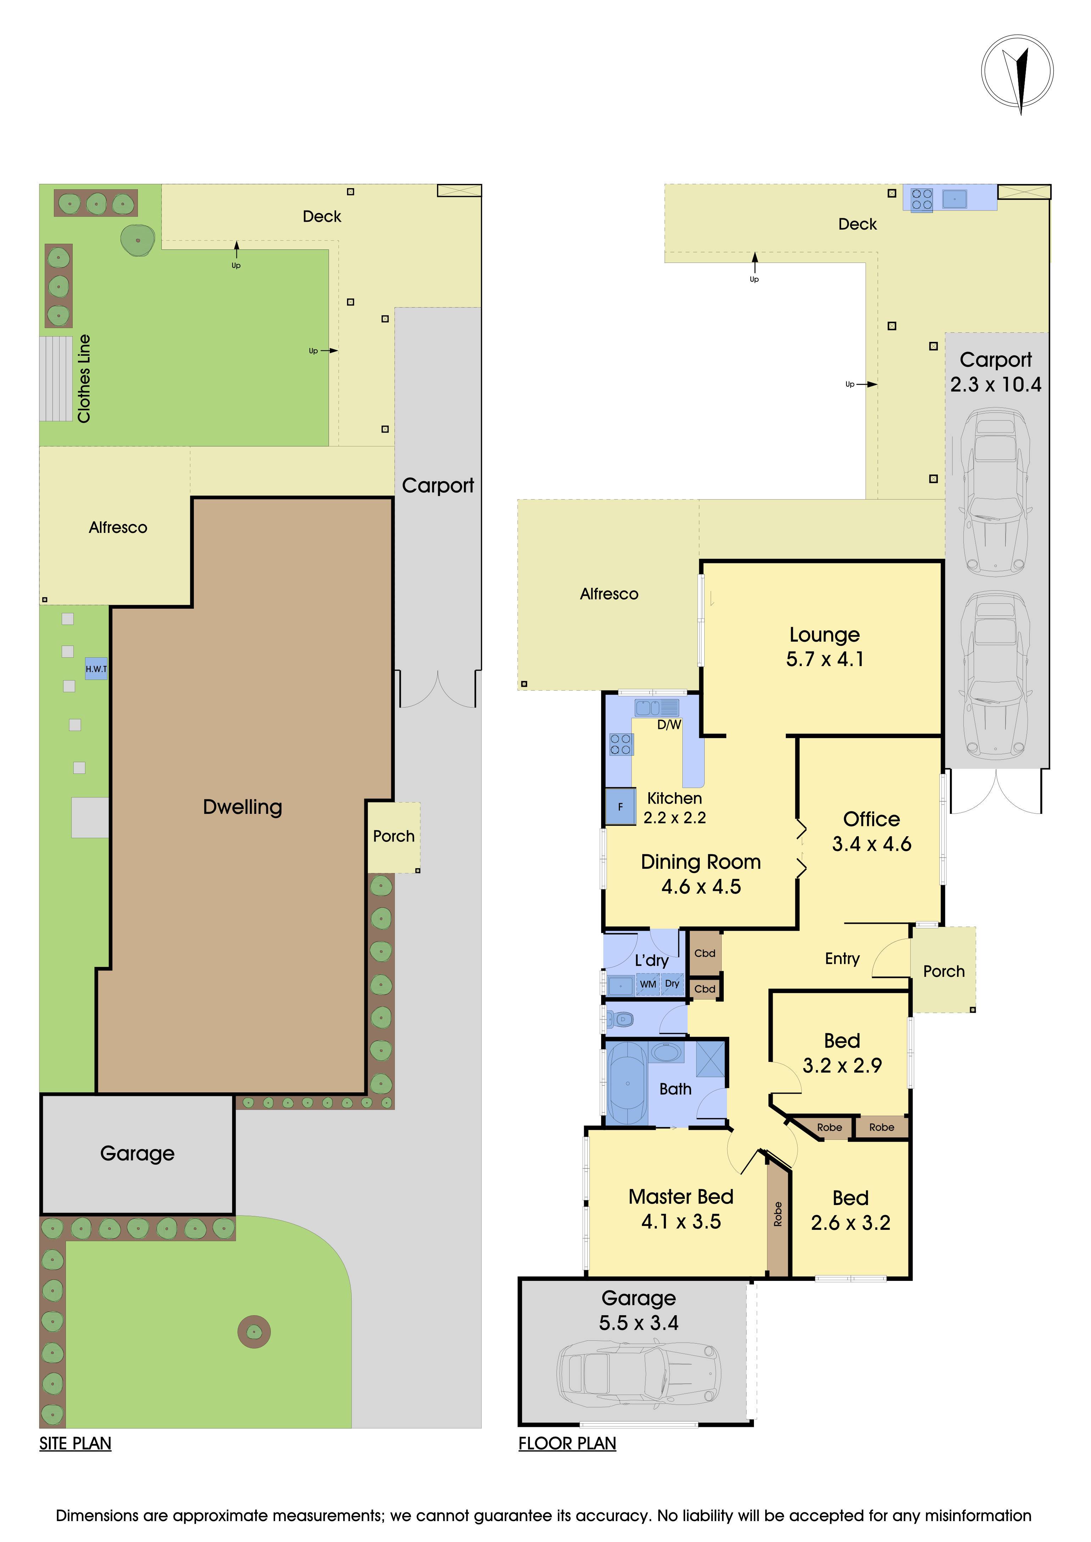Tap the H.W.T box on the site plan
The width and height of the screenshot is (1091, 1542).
[x=96, y=669]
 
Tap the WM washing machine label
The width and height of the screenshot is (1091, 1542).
[x=648, y=985]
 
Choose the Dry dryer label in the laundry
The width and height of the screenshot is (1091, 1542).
[x=672, y=984]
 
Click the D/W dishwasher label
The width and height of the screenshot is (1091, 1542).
[x=669, y=725]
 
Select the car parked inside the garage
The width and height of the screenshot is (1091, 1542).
[x=638, y=1372]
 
